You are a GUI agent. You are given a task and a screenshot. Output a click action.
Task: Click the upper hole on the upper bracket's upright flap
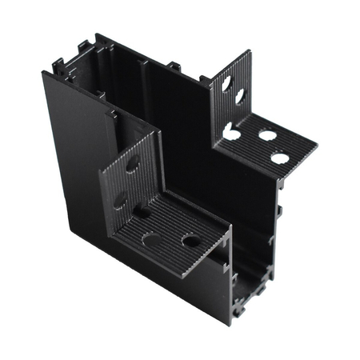pyautogui.click(x=227, y=82)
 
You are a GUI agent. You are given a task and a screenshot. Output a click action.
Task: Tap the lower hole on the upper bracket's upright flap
pyautogui.click(x=239, y=96)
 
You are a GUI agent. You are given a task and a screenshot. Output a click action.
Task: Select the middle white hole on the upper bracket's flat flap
pyautogui.click(x=266, y=135)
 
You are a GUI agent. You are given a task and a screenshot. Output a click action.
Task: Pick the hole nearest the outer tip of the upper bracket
pyautogui.click(x=280, y=158)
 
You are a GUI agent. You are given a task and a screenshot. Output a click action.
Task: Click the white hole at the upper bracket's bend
pyautogui.click(x=232, y=131)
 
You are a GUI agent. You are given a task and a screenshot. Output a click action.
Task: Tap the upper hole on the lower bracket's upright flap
pyautogui.click(x=133, y=164)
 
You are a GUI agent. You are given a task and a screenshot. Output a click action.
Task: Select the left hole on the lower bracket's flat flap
pyautogui.click(x=150, y=238)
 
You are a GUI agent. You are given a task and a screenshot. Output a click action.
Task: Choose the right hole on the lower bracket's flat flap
pyautogui.click(x=190, y=239)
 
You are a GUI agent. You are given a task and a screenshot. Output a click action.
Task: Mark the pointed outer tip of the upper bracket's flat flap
pyautogui.click(x=315, y=148)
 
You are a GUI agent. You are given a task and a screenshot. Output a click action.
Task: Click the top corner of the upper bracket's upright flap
pyautogui.click(x=247, y=53)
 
